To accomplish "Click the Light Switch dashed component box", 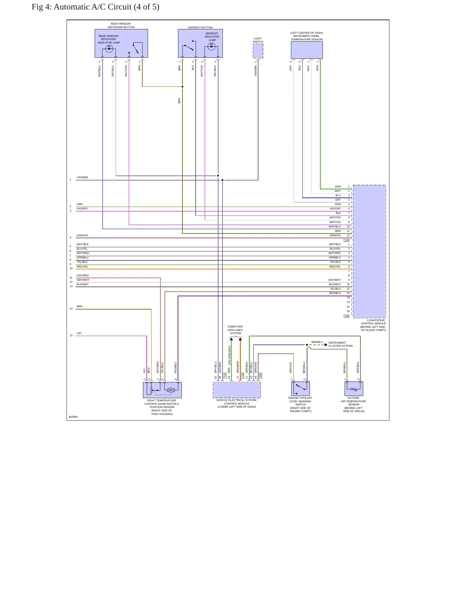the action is coord(258,51).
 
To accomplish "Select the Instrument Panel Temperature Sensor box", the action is coord(307,50).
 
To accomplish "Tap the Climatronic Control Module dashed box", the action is coord(369,251).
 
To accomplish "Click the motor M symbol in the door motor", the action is coord(171,390).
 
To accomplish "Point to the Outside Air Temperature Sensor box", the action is coord(354,388).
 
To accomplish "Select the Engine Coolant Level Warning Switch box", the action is coord(300,388).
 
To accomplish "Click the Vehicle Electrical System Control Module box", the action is coord(237,390).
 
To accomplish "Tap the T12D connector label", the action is coord(346,240).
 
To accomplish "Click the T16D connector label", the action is coord(346,316).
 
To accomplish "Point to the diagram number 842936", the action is coord(73,417).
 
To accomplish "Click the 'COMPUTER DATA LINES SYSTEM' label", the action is coord(235,330).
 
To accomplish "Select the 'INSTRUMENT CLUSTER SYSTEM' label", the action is coord(341,344).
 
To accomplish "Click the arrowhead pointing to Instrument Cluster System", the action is coord(326,345).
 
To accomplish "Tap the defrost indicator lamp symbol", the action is coord(211,46).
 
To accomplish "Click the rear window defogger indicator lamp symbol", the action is coord(109,49).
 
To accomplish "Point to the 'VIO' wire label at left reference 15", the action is coord(79,333).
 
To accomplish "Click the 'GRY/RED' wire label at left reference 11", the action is coord(83,275).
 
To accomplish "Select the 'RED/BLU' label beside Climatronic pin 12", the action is coord(335,293).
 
